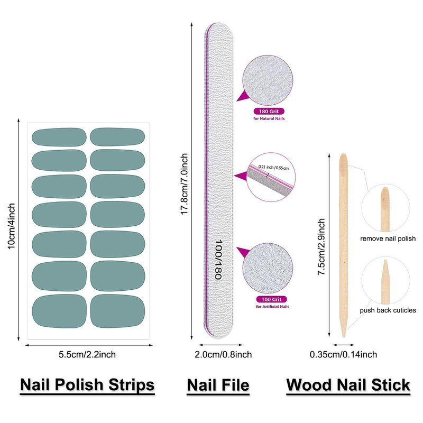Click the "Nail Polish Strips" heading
point(87,385)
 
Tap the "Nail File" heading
point(218,385)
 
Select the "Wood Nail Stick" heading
point(348,385)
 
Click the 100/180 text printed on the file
point(217,259)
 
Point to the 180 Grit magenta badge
point(269,112)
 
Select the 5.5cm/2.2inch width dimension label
point(87,354)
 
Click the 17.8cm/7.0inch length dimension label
point(185,182)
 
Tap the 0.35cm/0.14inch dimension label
point(343,354)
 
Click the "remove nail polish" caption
point(388,238)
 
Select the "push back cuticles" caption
point(388,310)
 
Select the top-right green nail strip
point(117,136)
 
